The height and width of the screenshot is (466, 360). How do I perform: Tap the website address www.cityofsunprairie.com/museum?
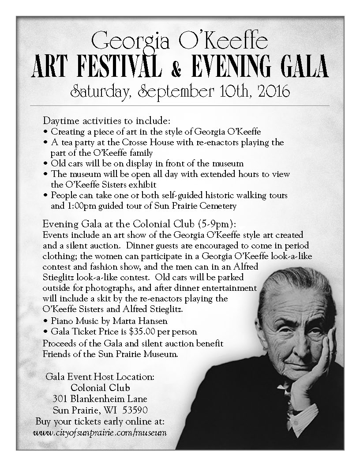(100, 432)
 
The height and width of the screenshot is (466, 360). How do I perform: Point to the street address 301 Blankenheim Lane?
(100, 398)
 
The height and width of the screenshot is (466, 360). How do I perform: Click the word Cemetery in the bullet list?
(220, 206)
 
